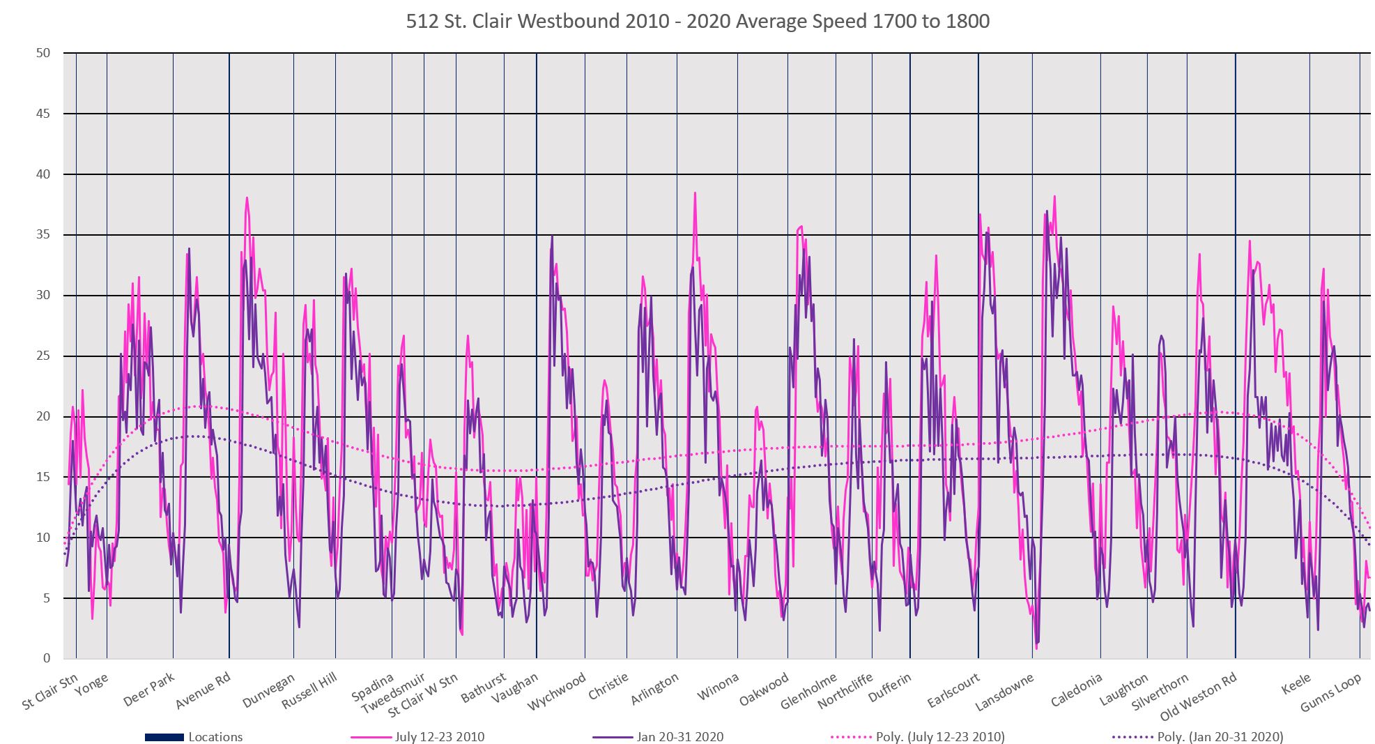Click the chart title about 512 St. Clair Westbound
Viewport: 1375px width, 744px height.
point(698,22)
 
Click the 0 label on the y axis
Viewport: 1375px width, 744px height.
point(46,659)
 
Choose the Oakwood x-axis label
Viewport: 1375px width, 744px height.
point(765,689)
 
